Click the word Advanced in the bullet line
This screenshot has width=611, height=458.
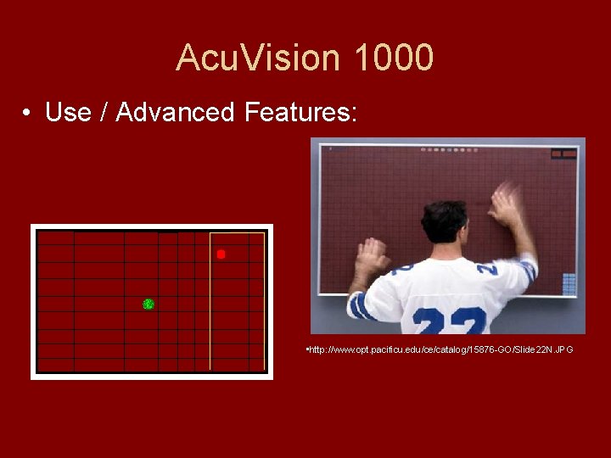point(175,112)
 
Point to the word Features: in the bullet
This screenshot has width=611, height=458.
point(301,112)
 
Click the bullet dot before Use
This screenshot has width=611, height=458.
point(28,113)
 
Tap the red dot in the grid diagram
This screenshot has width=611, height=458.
point(221,254)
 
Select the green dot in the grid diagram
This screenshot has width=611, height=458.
point(149,304)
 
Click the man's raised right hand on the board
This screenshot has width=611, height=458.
point(507,204)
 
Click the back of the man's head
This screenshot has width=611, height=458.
point(444,222)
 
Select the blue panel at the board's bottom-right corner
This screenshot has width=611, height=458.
point(569,283)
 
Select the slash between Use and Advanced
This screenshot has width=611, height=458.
point(104,112)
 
